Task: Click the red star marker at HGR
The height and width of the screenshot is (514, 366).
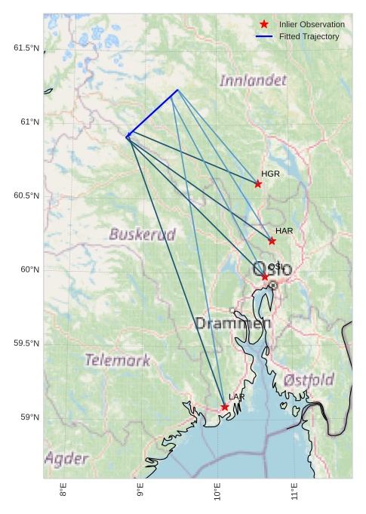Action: (x=258, y=183)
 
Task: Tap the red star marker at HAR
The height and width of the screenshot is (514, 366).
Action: (x=272, y=241)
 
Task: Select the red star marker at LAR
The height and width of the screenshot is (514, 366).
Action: (x=225, y=407)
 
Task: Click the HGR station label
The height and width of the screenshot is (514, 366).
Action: (x=270, y=174)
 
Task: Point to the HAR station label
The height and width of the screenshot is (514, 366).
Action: (x=284, y=231)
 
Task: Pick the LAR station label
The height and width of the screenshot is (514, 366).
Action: (x=237, y=397)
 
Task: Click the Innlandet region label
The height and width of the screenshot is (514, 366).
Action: (x=254, y=80)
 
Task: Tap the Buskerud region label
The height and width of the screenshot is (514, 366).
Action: (x=142, y=234)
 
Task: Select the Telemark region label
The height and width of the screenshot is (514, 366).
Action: (x=117, y=360)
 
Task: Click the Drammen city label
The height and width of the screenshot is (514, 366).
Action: (x=232, y=324)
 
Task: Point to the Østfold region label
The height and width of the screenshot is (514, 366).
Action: (x=309, y=380)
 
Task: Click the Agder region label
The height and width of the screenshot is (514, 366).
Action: (x=66, y=458)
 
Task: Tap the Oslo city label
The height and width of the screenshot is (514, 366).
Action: (x=272, y=269)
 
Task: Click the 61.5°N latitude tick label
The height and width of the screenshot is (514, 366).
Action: (x=26, y=48)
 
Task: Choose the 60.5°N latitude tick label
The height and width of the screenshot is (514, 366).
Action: (x=26, y=195)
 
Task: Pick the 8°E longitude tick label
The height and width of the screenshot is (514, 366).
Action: (x=63, y=492)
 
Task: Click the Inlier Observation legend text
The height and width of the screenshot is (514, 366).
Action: (x=312, y=24)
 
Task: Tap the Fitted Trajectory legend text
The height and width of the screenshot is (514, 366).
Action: (x=309, y=36)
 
